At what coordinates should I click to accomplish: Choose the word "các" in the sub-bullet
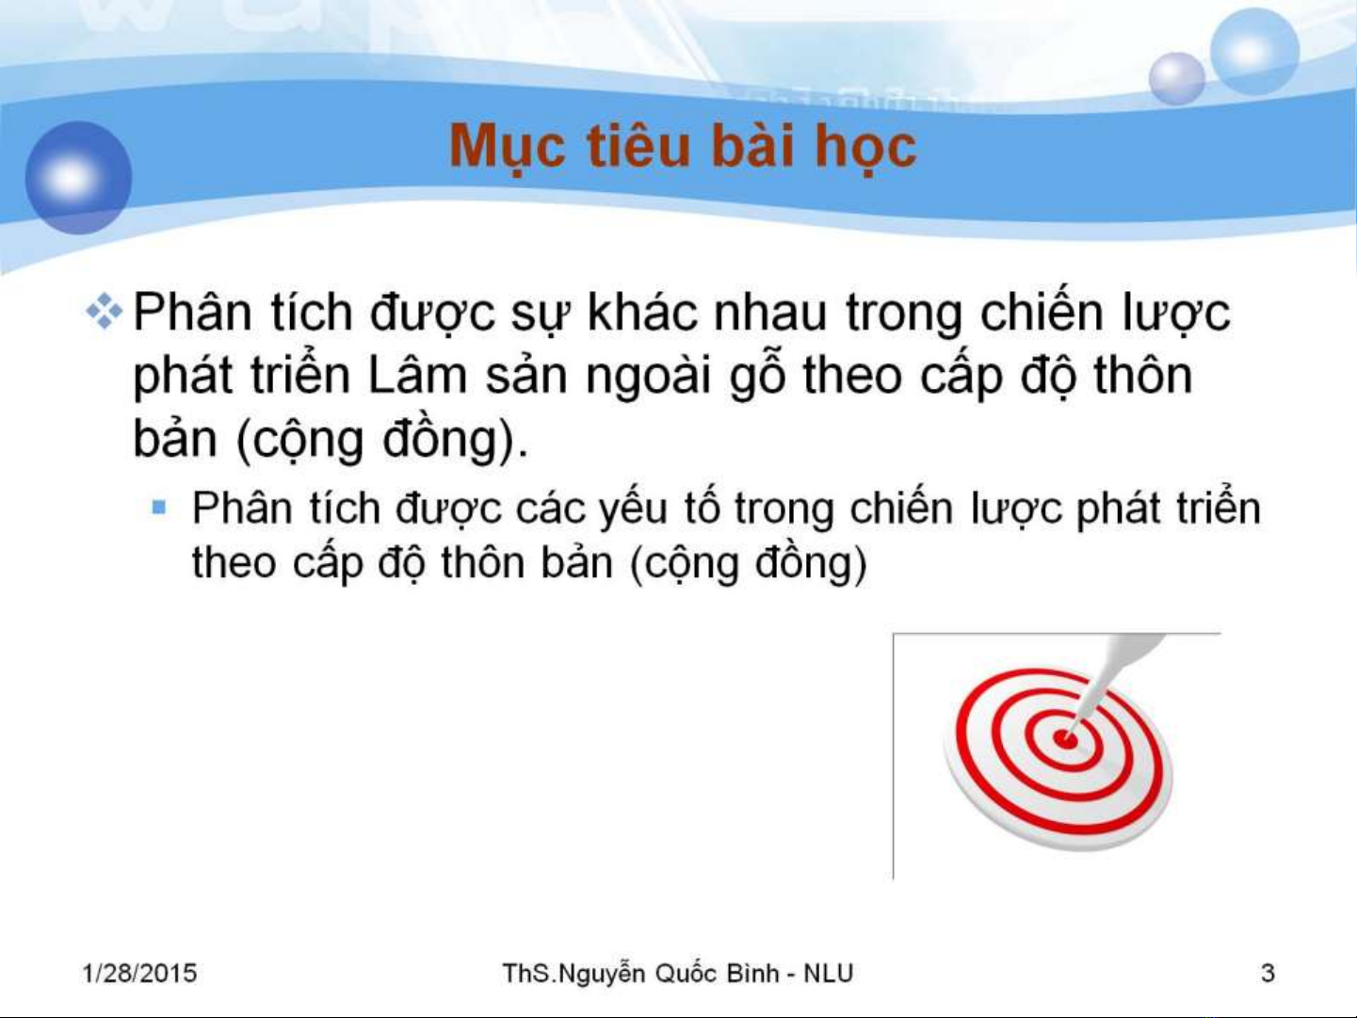click(x=549, y=509)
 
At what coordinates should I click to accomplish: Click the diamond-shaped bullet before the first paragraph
click(x=105, y=312)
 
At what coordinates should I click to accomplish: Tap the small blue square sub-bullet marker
click(x=159, y=508)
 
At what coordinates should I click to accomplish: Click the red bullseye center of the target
click(x=1064, y=738)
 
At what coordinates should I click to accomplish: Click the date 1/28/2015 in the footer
click(x=139, y=973)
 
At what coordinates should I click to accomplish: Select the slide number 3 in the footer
click(x=1268, y=973)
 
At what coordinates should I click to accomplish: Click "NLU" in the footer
click(x=828, y=974)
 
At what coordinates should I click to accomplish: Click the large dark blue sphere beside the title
click(x=78, y=178)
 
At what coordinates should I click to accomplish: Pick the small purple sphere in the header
click(x=1176, y=78)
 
